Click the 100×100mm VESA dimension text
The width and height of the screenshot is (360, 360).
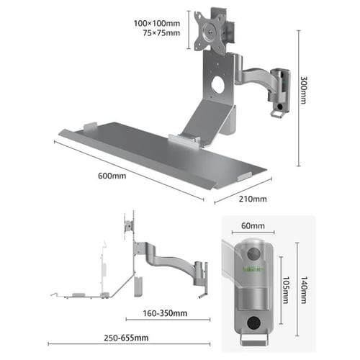click(158, 22)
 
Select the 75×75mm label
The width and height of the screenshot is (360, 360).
click(161, 32)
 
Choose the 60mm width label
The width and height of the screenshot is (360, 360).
click(252, 226)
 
